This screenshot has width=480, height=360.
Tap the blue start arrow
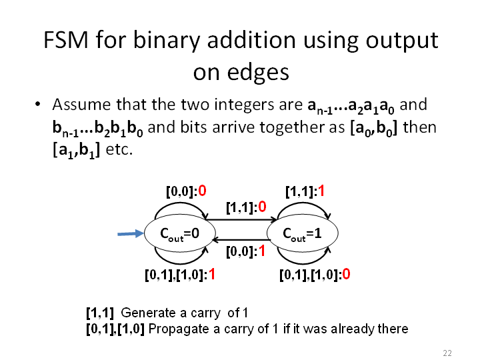131,234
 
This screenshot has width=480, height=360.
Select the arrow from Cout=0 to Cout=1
241,219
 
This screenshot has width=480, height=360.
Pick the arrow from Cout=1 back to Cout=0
242,240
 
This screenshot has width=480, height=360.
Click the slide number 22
447,353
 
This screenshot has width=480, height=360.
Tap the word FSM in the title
66,40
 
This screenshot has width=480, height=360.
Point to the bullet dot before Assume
37,104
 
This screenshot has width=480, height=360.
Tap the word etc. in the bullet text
119,150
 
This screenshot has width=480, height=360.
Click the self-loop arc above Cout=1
303,203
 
